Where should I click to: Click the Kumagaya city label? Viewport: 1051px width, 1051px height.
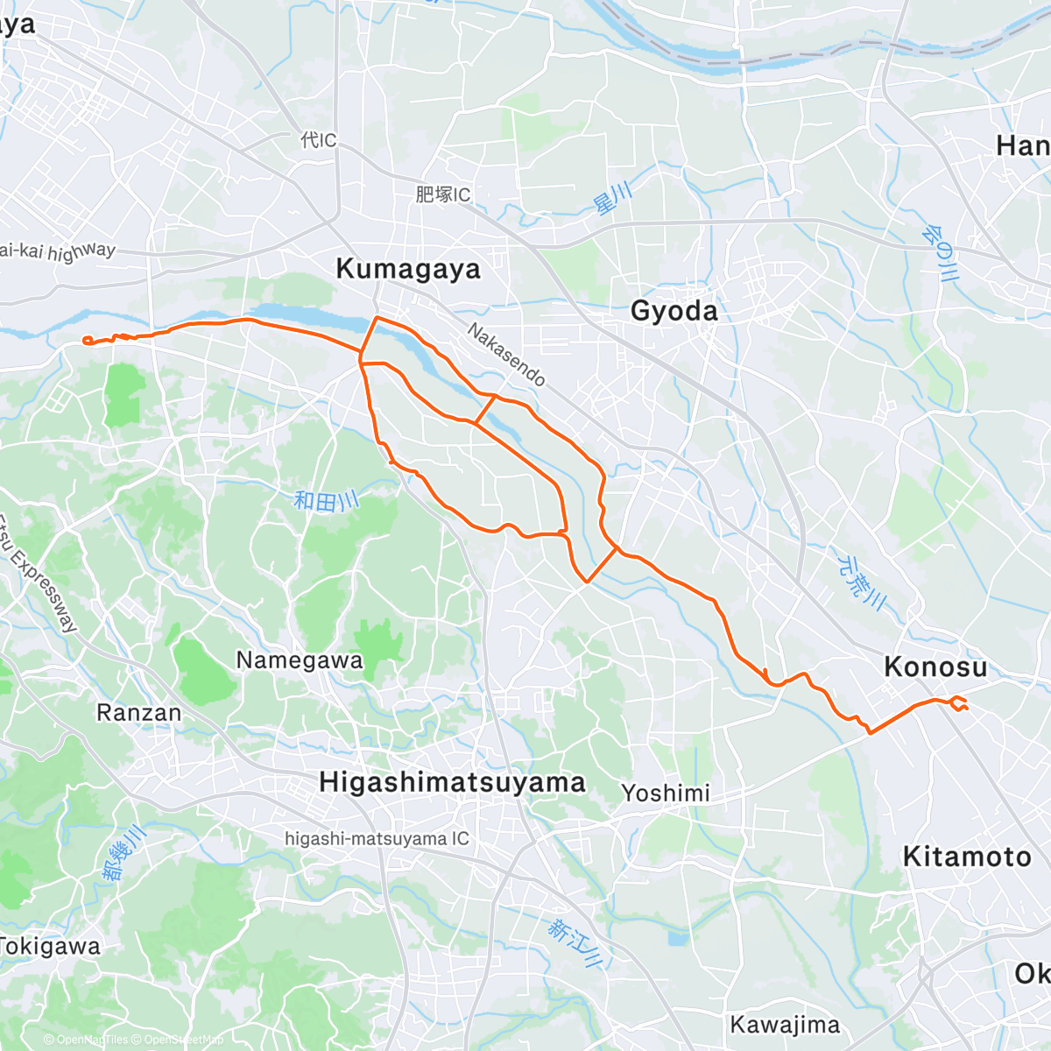click(408, 269)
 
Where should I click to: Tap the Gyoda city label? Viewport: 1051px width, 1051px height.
click(674, 311)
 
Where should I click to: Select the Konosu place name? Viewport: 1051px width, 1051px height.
click(935, 667)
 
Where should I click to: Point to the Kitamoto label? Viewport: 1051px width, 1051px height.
click(967, 857)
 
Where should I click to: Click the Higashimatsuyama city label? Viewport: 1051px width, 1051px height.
click(452, 782)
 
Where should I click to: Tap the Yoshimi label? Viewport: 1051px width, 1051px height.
click(666, 794)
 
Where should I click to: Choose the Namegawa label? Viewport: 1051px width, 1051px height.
click(300, 660)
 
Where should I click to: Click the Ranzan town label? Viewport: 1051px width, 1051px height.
click(138, 713)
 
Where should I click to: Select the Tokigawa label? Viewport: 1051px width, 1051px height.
click(51, 947)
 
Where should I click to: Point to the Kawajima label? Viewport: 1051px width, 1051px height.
click(785, 1025)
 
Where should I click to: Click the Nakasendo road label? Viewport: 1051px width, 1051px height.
click(506, 355)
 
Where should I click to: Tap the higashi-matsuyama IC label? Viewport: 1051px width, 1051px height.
click(377, 839)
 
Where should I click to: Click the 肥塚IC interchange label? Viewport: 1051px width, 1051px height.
click(442, 194)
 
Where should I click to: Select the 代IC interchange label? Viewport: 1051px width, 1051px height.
click(318, 140)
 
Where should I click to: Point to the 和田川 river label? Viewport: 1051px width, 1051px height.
click(326, 501)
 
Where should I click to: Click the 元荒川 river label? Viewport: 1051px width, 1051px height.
click(862, 582)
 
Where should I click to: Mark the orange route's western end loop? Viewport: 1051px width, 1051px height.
click(87, 341)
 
